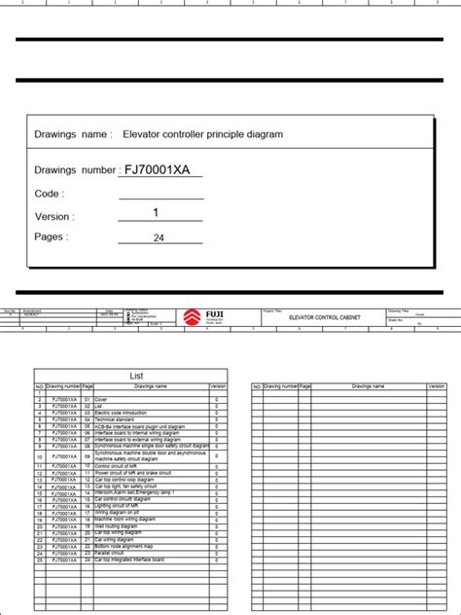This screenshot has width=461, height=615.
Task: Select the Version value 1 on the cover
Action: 156,213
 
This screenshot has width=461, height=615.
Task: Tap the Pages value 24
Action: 159,237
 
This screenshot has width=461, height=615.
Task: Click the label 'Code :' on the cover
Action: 50,194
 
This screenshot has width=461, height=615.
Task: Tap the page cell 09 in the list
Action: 88,455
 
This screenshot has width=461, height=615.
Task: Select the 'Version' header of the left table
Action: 218,386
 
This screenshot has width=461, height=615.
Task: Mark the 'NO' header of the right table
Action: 257,386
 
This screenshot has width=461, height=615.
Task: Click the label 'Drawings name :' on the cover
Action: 73,133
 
